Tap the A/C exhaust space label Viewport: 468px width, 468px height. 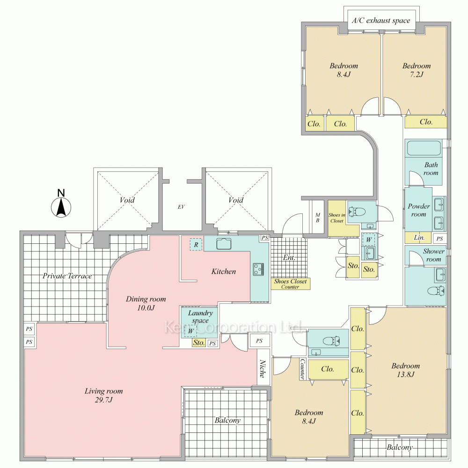pos(381,20)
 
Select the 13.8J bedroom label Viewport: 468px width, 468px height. pos(406,370)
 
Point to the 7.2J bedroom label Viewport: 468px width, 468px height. pos(417,70)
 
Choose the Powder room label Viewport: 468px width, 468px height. pos(419,210)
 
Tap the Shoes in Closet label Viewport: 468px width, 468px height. pos(336,218)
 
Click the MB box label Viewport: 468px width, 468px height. pos(318,218)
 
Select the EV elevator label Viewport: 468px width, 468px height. pos(181,207)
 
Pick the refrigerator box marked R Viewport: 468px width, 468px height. pos(196,245)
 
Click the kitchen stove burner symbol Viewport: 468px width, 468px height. pos(258,269)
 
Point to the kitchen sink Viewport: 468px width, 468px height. pos(224,244)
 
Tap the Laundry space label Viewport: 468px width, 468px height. pos(200,317)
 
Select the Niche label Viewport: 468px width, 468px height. pos(263,369)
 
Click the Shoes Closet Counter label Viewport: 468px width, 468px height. pos(291,284)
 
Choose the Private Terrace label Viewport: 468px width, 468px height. pos(67,276)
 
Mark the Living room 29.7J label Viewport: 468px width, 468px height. pos(103,395)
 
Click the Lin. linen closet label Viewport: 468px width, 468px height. pos(419,238)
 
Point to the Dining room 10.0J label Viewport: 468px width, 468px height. pos(146,303)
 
